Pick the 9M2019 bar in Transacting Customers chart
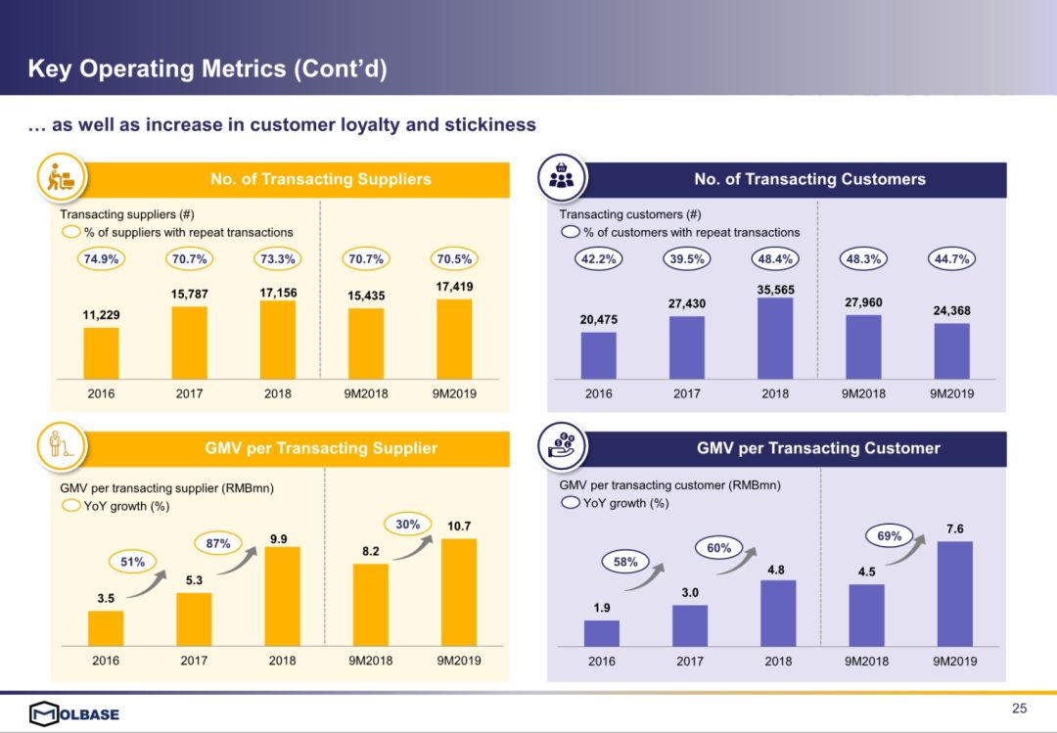[x=951, y=351]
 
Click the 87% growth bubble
[x=217, y=543]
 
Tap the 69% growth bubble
[x=890, y=535]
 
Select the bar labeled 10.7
[x=459, y=592]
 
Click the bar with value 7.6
[x=955, y=594]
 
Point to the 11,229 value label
[x=101, y=316]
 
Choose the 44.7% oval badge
[x=951, y=259]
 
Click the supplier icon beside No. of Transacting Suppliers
[x=62, y=178]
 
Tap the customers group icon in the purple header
[x=563, y=178]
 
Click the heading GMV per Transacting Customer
[x=818, y=448]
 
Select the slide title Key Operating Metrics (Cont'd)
[x=207, y=69]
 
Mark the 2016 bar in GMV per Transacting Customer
[x=602, y=633]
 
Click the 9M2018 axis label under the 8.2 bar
[x=370, y=661]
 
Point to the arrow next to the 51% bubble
[x=147, y=583]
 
